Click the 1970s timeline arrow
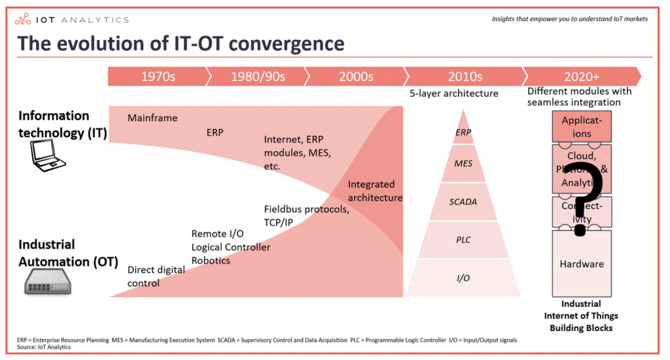[158, 76]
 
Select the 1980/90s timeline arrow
[257, 76]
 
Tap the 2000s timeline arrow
[355, 76]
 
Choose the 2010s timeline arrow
[464, 76]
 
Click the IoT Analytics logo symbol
[26, 20]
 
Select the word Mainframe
[152, 118]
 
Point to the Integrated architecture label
[375, 191]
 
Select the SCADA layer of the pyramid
[463, 202]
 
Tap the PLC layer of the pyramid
[463, 240]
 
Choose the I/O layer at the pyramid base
[463, 278]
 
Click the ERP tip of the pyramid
[463, 132]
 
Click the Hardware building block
[582, 264]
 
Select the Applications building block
[582, 127]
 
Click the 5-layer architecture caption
[453, 94]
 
